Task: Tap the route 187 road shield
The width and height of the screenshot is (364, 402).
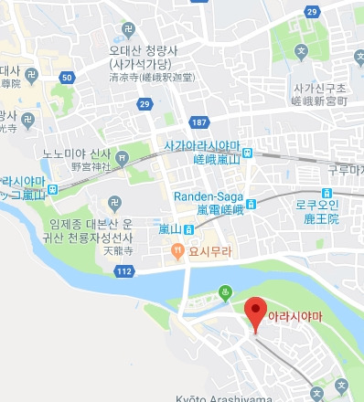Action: [x=198, y=122]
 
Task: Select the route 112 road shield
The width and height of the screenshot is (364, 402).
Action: [x=124, y=270]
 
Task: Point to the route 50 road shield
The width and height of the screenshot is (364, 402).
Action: [x=67, y=79]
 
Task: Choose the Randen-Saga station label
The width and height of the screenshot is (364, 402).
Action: [x=209, y=196]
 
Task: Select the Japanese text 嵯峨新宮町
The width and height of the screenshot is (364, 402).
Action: [x=316, y=101]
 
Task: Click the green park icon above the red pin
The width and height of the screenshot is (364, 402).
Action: [x=226, y=293]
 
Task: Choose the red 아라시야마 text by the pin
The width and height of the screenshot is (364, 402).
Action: [x=296, y=315]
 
